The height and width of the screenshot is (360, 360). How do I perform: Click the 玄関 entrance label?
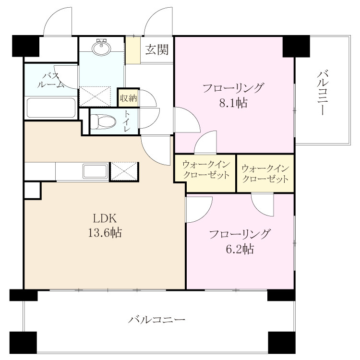coord(157,49)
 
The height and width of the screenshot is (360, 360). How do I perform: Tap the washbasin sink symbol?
coord(101,48)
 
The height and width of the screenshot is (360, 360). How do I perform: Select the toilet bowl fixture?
coord(103,121)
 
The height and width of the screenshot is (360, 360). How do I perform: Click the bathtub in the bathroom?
coord(51,108)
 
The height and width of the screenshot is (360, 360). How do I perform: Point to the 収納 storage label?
coord(128,98)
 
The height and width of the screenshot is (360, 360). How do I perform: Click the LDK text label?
coord(105,218)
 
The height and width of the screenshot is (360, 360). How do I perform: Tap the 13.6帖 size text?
coord(105,233)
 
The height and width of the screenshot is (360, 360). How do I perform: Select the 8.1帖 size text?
coord(233,103)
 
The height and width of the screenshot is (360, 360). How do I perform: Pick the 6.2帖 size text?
coord(240,249)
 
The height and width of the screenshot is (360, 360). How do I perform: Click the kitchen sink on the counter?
coord(96,171)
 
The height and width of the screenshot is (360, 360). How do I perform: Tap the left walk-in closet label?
coord(206,170)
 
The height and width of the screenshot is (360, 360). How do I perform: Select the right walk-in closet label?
coord(265,174)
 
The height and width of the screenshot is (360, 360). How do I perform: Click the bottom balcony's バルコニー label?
coord(156,320)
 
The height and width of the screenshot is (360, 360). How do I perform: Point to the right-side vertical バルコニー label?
coord(323,93)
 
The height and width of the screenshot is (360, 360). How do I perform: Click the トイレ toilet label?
coord(127,121)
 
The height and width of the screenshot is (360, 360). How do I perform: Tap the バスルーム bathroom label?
coord(51,80)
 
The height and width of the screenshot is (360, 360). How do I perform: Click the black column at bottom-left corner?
coord(23,343)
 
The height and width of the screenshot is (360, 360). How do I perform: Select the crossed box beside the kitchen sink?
coord(124,171)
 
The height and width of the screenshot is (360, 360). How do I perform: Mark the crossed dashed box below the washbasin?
coord(95,96)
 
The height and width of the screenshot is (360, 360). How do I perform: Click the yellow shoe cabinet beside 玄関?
coord(133,50)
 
